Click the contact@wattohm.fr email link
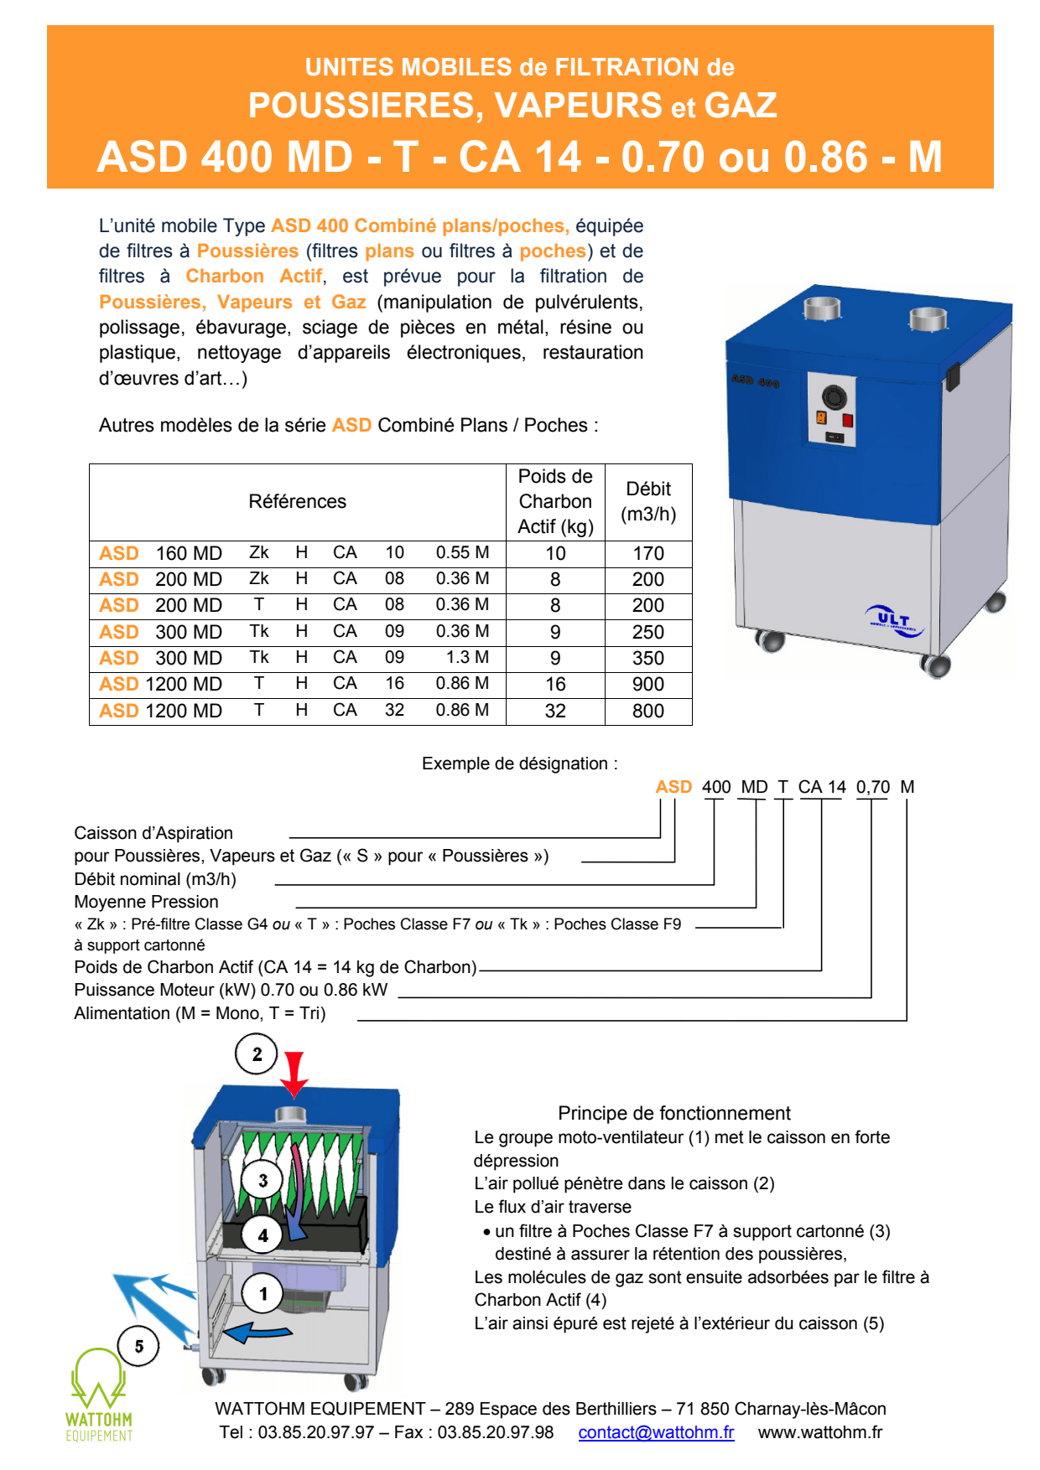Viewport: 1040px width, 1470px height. tap(656, 1432)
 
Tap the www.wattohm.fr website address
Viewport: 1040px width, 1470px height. tap(819, 1432)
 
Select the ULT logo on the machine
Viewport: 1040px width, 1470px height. tap(894, 621)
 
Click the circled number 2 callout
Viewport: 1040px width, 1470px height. tap(257, 1054)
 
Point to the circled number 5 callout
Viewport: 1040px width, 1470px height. tap(139, 1346)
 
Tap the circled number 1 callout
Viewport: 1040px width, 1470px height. tap(263, 1294)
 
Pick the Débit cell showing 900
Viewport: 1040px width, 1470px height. tap(647, 685)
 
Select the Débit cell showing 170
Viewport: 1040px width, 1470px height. tap(647, 553)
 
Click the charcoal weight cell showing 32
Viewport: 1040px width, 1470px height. tap(555, 711)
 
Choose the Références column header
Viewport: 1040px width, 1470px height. tap(297, 501)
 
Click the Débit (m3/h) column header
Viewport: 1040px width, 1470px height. tap(647, 501)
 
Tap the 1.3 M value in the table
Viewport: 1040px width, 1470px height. tap(467, 658)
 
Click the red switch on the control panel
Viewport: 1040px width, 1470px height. tap(848, 420)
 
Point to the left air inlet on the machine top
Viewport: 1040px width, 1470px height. tap(822, 308)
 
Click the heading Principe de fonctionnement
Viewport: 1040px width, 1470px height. tap(673, 1113)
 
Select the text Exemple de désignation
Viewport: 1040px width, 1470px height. tap(519, 763)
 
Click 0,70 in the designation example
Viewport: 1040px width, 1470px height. tap(872, 787)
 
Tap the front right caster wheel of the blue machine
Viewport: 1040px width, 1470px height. tap(935, 665)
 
